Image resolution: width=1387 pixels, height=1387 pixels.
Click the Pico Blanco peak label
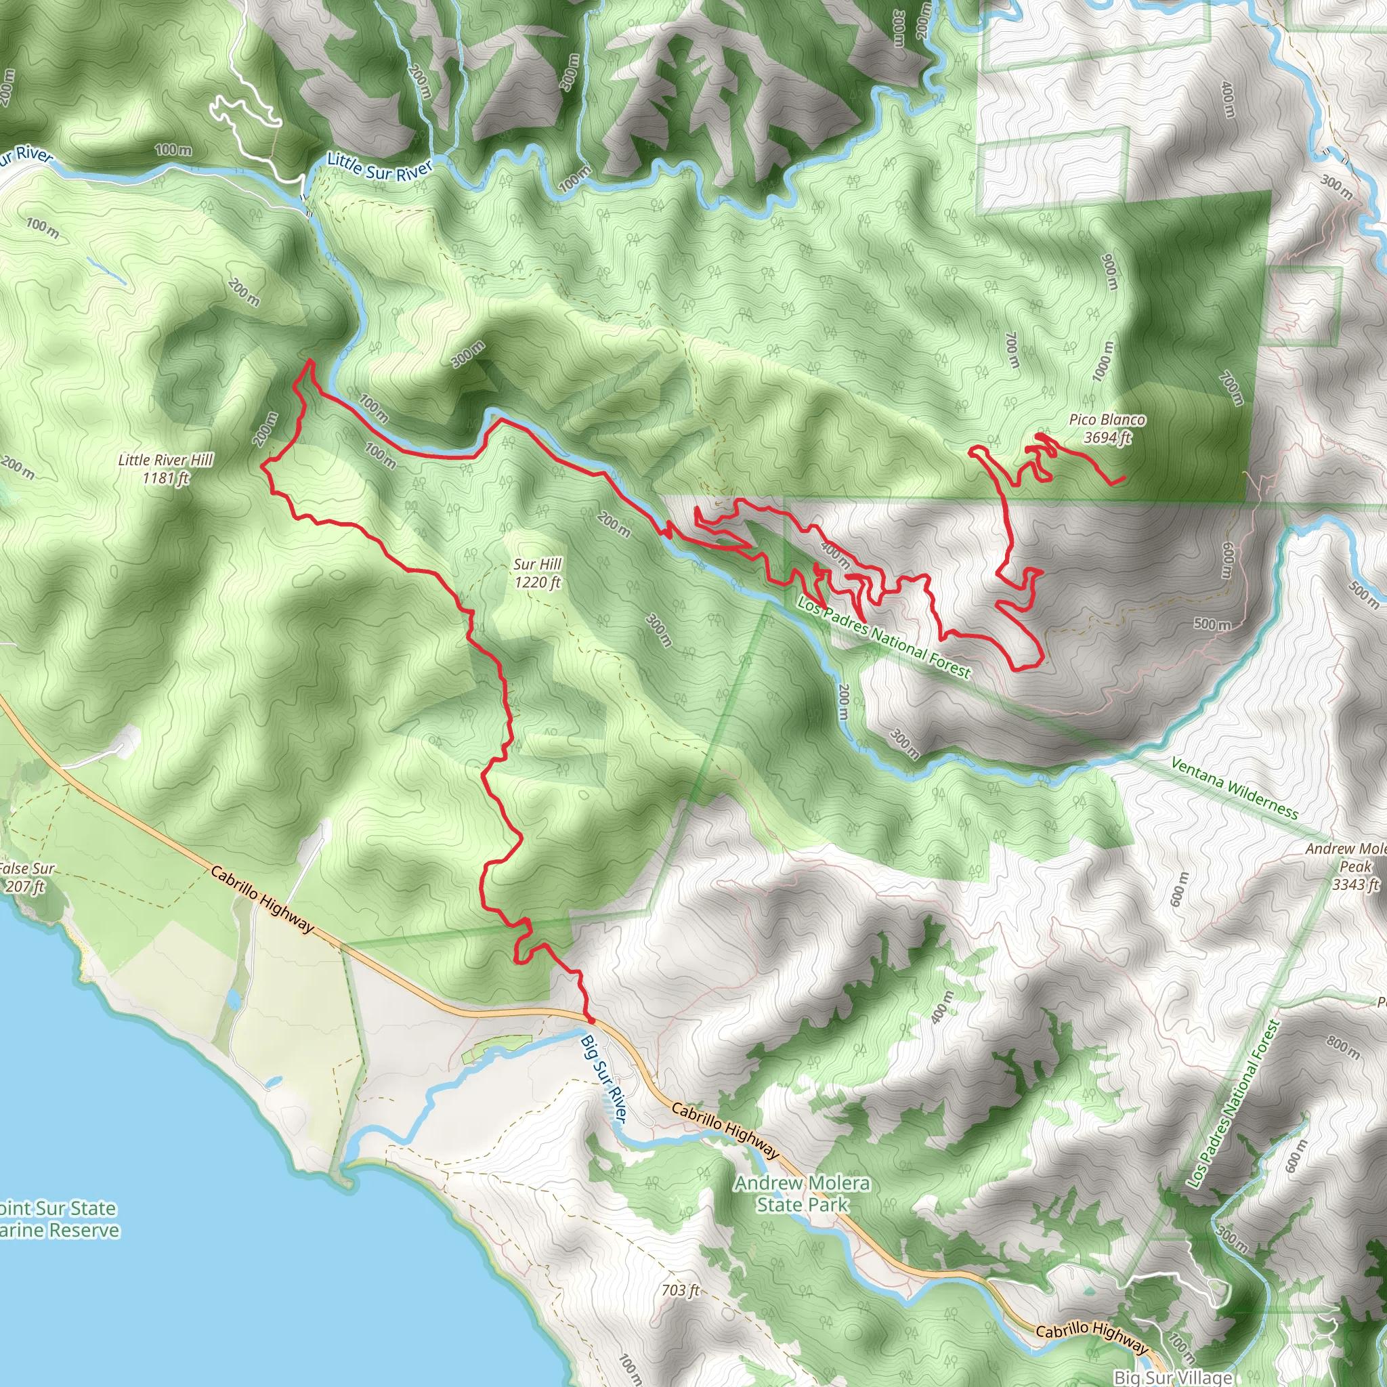1107,428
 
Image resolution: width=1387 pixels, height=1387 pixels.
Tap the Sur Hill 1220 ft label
538,573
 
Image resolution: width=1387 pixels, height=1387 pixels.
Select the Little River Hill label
166,468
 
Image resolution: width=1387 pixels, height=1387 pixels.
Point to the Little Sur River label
380,167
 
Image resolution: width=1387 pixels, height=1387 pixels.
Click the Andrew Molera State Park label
802,1193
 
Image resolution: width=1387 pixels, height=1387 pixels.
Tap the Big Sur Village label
1173,1377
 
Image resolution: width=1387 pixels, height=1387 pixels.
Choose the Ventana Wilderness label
1234,788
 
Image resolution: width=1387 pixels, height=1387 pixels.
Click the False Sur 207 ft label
26,876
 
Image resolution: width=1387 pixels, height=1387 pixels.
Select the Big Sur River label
603,1077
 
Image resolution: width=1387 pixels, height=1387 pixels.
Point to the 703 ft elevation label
680,1290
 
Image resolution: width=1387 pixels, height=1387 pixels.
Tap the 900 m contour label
1110,272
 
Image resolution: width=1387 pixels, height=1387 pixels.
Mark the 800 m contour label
1343,1047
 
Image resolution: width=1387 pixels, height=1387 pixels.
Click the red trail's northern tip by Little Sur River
310,360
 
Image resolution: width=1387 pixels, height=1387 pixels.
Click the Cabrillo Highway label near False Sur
262,899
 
